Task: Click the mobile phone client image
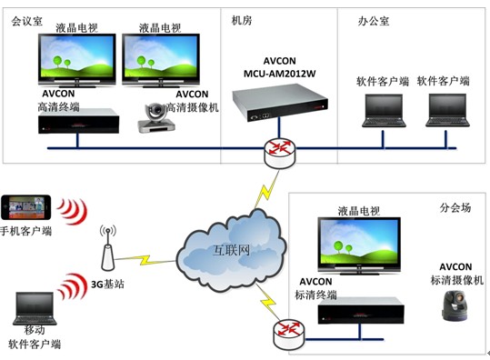(28, 207)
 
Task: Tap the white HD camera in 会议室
(160, 117)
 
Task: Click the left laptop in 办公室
(382, 109)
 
